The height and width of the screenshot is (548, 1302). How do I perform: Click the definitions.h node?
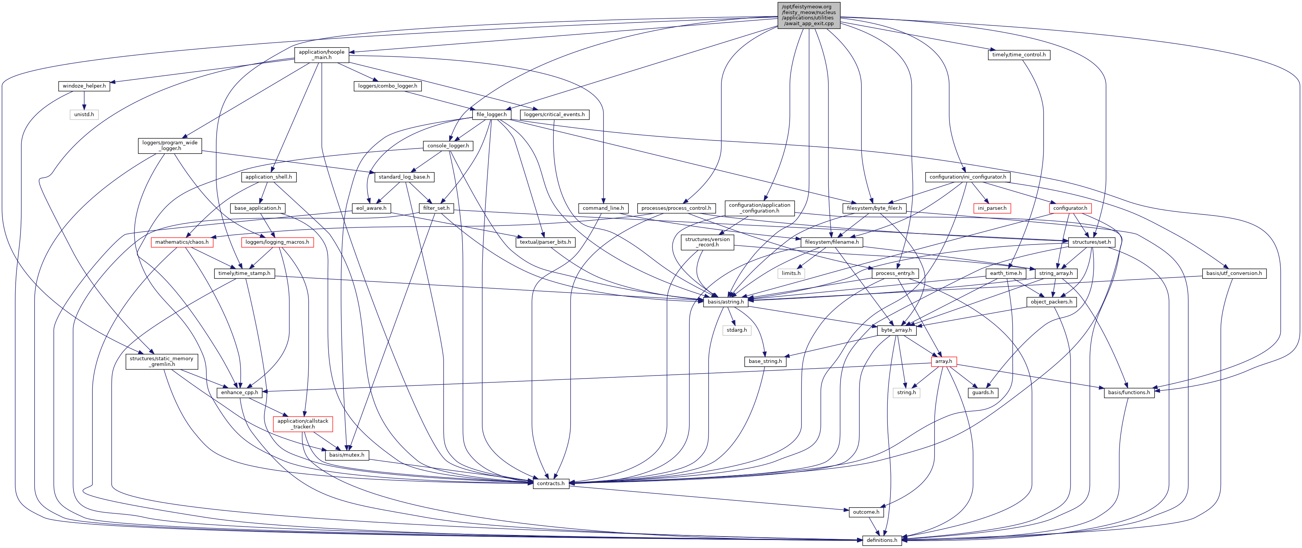882,540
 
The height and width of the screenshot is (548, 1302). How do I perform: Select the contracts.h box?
550,483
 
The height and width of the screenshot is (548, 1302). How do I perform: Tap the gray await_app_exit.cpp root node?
809,15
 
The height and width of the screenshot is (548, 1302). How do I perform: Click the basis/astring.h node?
725,302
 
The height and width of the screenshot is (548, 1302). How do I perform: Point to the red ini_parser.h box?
992,208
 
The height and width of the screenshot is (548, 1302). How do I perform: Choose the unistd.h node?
84,114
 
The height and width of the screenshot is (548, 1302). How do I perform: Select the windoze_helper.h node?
84,86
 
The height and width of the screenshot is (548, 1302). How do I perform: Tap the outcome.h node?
866,512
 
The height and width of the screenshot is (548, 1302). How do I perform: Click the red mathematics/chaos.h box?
182,242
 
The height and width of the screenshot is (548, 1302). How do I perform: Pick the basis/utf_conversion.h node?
1234,273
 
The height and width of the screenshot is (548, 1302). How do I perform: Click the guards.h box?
983,392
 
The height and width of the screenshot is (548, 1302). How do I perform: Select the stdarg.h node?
736,330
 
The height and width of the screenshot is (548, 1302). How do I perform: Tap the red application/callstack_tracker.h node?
303,423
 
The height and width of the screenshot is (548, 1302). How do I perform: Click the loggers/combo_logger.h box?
388,86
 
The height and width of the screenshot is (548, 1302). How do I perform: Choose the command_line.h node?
603,208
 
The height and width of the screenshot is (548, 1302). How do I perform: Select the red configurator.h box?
1070,208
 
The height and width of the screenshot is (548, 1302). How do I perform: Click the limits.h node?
791,273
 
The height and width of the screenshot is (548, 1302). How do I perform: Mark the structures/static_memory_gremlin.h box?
161,361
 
